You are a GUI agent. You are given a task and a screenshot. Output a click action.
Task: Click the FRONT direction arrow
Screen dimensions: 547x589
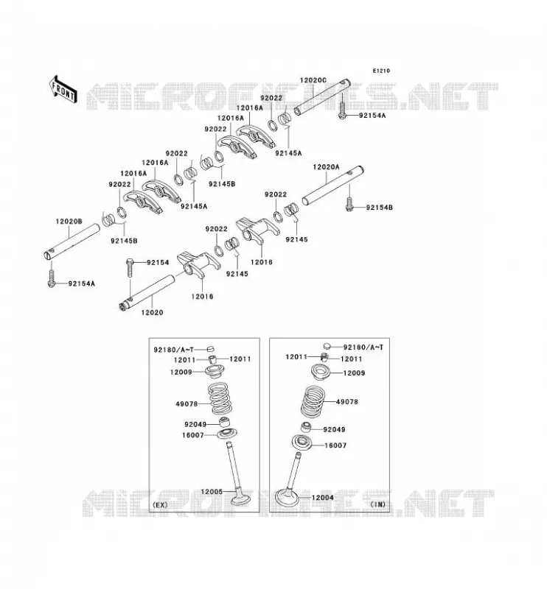pos(63,90)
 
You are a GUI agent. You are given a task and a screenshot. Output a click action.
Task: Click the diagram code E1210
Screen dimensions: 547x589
pos(381,71)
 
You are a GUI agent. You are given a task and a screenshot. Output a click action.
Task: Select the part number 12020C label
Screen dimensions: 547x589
pos(313,80)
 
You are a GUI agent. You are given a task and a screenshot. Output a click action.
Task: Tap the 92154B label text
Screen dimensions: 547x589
pos(379,208)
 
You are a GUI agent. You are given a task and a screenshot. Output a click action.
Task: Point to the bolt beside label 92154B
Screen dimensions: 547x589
pos(349,203)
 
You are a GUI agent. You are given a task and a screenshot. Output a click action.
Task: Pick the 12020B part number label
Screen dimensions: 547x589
pos(69,222)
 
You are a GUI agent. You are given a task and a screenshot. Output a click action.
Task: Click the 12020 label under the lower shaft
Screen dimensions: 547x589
pos(153,312)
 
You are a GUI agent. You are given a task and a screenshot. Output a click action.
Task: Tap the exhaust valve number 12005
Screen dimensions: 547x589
pos(212,491)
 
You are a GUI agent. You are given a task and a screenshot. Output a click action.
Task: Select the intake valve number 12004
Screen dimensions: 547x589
pos(322,498)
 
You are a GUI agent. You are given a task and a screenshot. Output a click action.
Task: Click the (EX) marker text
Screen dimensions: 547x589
pos(160,505)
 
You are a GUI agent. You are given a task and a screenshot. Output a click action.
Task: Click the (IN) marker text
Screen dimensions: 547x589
pos(378,504)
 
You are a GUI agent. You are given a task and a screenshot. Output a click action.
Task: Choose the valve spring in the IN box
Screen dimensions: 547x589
pos(313,401)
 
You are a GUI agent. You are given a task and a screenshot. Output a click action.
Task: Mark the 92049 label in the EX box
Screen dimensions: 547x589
pos(195,425)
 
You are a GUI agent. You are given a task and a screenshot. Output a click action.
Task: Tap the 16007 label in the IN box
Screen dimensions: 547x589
pos(335,445)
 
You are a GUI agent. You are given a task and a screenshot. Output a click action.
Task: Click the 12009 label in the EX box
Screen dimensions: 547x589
pos(181,372)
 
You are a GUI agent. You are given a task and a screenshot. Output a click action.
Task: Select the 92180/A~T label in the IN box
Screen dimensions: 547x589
pos(363,348)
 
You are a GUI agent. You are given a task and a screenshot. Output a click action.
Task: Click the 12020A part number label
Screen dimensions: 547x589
pos(326,167)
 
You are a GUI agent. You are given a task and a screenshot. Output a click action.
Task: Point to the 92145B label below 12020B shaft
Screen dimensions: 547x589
pos(124,241)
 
